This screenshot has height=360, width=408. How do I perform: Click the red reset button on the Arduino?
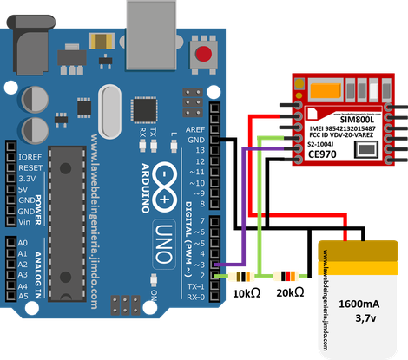[x=206, y=56]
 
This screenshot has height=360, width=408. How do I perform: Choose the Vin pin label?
[x=26, y=219]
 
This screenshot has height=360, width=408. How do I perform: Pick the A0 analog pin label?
[x=23, y=242]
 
